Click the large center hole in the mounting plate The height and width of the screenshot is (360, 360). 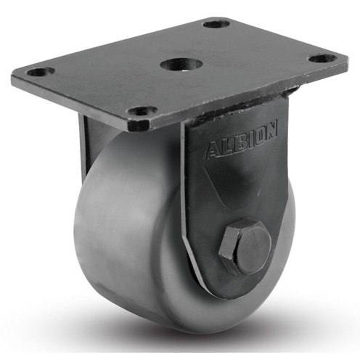coord(176,65)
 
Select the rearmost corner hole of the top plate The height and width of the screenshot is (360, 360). coord(216,24)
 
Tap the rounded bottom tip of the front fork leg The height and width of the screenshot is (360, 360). coord(210,290)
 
